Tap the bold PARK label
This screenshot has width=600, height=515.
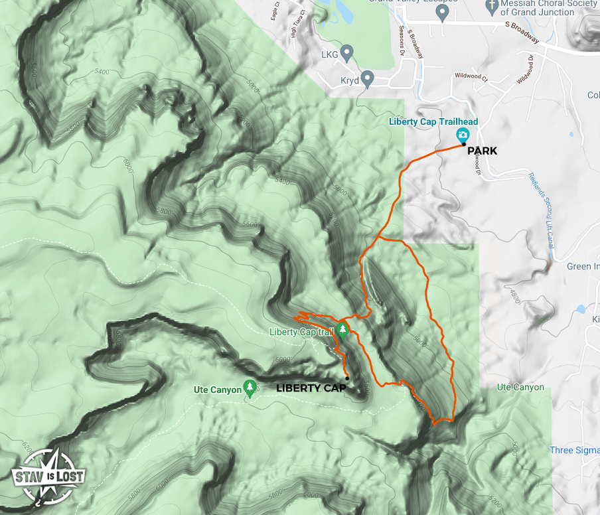(x=482, y=151)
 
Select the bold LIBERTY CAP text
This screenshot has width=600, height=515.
(x=311, y=388)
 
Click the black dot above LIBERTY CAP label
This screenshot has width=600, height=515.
(x=347, y=378)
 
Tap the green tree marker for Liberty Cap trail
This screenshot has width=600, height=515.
(x=342, y=331)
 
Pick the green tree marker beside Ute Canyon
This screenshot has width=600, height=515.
(x=250, y=388)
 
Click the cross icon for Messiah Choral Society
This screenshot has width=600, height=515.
(x=492, y=7)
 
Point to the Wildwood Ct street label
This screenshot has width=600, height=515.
(x=471, y=77)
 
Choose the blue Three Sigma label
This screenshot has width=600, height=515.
(x=574, y=451)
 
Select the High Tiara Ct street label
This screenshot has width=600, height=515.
(x=298, y=25)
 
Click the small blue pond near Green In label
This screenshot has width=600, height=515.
(x=581, y=309)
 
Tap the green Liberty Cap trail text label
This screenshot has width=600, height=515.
(x=301, y=332)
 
